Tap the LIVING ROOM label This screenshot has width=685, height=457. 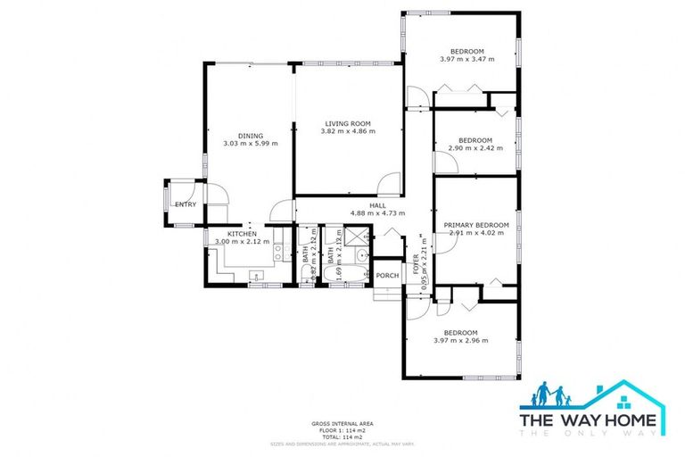(348, 123)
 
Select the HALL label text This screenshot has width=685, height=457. (377, 205)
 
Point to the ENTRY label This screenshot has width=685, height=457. (186, 204)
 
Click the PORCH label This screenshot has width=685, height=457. (387, 275)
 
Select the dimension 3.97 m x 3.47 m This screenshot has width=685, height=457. (466, 59)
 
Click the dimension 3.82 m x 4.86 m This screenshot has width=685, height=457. (348, 131)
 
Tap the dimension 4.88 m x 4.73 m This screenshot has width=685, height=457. (377, 213)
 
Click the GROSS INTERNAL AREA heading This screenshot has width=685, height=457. (342, 422)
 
